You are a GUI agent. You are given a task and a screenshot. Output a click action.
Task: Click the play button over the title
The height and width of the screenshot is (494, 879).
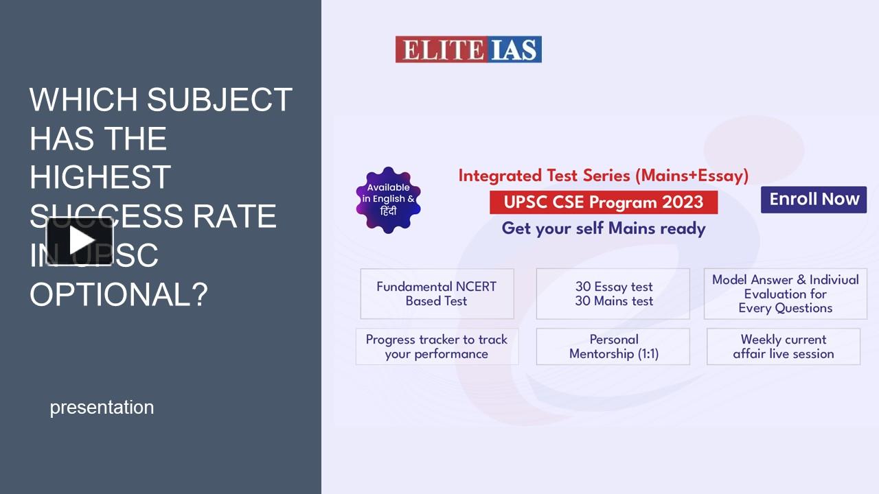coord(80,240)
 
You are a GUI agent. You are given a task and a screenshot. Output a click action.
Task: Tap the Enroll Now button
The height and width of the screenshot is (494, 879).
coord(814,200)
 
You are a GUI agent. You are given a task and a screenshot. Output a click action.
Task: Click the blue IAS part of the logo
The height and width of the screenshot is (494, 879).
coord(516,50)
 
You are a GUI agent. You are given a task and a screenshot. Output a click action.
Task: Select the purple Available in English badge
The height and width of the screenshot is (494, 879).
coord(388,200)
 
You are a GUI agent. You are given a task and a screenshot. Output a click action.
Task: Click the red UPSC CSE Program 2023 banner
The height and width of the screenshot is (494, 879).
coord(603,202)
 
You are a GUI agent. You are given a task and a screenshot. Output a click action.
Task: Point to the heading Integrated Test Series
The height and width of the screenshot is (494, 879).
coord(603,176)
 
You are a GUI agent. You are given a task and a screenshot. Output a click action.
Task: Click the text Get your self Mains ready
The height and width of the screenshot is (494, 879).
coord(603,228)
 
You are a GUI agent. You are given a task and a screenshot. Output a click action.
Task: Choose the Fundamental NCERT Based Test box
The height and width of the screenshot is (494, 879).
coord(437,294)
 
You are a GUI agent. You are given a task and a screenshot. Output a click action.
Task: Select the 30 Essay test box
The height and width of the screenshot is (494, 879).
coord(613,294)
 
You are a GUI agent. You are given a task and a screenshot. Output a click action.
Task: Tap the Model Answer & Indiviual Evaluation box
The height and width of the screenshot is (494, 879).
coord(785,294)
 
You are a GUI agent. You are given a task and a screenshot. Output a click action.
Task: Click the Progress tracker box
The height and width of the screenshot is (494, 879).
coord(437,346)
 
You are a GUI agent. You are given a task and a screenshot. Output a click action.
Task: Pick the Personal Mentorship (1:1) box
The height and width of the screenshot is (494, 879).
coord(613,346)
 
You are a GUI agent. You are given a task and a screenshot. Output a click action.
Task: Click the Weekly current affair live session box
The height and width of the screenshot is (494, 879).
coord(783,346)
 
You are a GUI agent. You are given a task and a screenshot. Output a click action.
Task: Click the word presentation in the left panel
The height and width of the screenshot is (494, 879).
coord(102,408)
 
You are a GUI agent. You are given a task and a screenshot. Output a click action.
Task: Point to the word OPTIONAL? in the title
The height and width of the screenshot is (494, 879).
coord(118,294)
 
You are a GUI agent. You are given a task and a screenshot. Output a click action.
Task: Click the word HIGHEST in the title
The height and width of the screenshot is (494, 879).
coord(100,178)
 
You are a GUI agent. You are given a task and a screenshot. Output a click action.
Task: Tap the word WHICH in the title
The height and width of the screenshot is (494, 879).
coord(83,100)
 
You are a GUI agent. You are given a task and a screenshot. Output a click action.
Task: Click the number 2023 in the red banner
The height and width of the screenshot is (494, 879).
coord(683,202)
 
